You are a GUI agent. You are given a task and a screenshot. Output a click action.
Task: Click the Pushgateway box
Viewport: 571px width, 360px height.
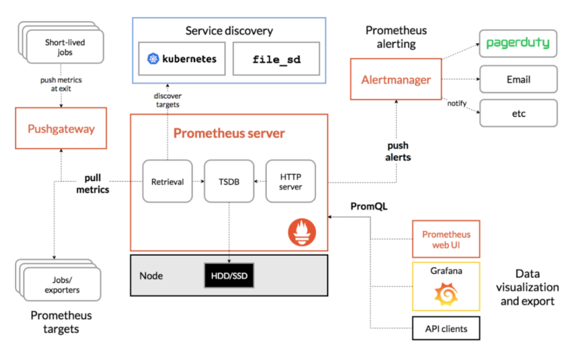click(61, 128)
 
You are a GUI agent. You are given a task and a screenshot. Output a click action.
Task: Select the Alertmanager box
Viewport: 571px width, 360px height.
click(396, 80)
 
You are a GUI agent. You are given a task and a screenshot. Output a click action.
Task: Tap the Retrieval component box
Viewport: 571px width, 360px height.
click(168, 181)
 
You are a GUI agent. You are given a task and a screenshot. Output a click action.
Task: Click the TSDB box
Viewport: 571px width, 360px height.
click(229, 181)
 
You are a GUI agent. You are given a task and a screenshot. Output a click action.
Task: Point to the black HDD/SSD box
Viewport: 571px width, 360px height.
click(229, 276)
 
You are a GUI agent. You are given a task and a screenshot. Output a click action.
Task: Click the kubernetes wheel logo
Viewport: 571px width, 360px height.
click(153, 59)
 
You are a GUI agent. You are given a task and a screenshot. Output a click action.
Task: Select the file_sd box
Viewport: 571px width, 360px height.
click(277, 59)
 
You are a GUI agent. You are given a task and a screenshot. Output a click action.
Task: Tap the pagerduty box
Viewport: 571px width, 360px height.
click(518, 43)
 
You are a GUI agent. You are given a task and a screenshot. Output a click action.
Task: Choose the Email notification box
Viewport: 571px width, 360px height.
click(518, 79)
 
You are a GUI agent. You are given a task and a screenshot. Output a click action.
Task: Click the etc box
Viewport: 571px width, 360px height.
click(518, 113)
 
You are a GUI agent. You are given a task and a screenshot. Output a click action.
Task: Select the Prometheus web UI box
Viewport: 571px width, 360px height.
click(446, 239)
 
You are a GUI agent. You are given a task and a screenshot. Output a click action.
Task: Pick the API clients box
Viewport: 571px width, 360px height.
click(446, 328)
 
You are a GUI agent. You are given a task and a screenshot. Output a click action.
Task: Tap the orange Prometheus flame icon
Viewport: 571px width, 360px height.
click(302, 233)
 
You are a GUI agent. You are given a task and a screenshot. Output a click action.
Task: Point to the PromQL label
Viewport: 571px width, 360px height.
click(369, 206)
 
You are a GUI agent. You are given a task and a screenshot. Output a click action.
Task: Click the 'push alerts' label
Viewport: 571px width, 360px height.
click(398, 151)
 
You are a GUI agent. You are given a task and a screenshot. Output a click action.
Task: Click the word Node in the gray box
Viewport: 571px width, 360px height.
click(151, 276)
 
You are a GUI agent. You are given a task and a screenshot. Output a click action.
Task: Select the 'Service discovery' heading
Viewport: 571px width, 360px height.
click(228, 31)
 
